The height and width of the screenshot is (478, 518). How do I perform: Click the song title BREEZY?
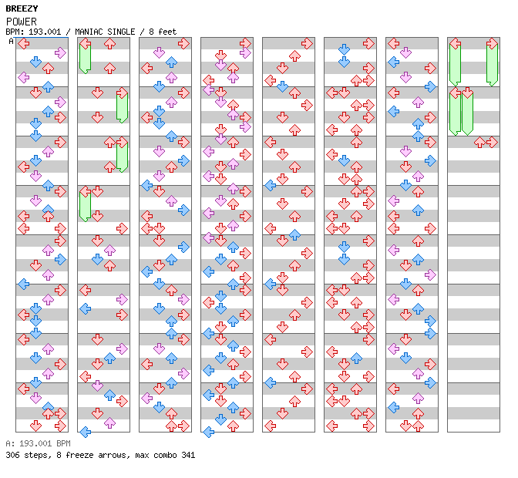[x=22, y=8]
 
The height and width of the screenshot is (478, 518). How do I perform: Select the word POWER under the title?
[x=21, y=22]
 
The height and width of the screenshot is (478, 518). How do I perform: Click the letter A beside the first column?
[x=11, y=42]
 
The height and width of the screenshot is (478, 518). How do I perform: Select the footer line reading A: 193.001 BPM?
[x=38, y=444]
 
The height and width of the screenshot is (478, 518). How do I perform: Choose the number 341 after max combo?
[x=187, y=455]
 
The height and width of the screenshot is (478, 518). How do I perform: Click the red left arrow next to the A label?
[x=24, y=44]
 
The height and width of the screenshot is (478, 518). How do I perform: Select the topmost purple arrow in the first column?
[x=60, y=52]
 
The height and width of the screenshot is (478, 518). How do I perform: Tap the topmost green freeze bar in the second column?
[x=85, y=57]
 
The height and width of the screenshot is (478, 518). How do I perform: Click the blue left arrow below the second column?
[x=86, y=432]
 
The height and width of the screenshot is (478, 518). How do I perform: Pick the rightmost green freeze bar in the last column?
[x=492, y=63]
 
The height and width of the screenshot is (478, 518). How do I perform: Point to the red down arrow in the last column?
[x=479, y=142]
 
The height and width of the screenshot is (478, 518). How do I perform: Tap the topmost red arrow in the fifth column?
[x=307, y=44]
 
